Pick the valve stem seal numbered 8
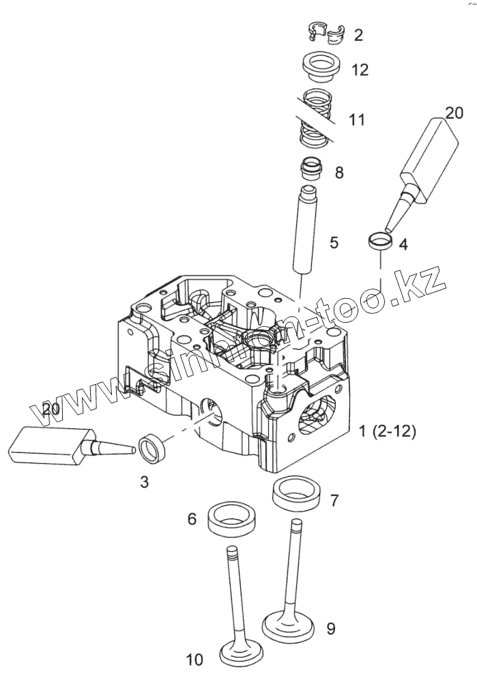point(312,168)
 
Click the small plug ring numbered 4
point(379,240)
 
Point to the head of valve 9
point(290,625)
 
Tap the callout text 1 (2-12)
point(387,431)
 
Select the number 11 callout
point(356,120)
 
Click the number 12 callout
point(360,70)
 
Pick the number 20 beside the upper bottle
point(454,113)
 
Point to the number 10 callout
point(194,660)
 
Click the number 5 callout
point(334,242)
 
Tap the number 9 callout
point(330,628)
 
